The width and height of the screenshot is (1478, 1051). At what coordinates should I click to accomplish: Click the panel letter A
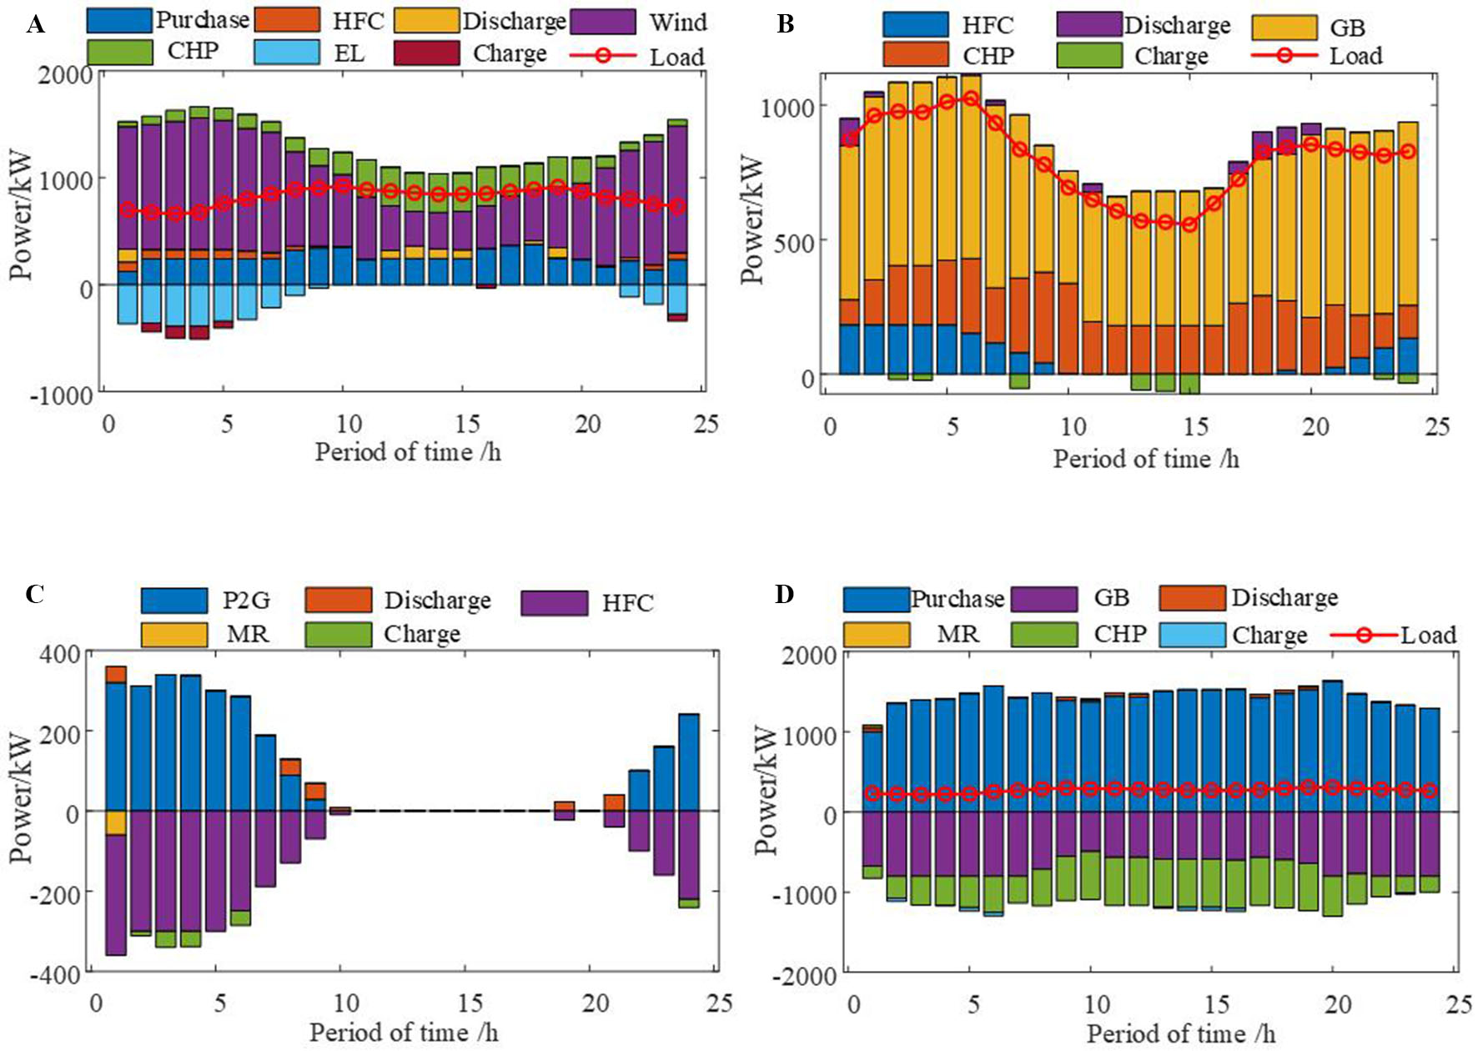[x=35, y=25]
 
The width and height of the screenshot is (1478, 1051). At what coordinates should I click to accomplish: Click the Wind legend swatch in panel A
[x=604, y=22]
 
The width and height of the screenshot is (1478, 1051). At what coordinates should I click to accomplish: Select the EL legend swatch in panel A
[x=286, y=53]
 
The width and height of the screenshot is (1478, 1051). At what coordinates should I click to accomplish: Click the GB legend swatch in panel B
[x=1284, y=27]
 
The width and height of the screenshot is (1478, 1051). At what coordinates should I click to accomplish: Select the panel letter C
[x=35, y=594]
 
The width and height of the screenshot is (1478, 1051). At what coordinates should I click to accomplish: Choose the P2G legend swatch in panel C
[x=173, y=601]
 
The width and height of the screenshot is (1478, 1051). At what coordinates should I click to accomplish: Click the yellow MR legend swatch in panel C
[x=173, y=634]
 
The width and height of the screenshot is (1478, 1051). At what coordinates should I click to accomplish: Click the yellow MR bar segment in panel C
[x=115, y=822]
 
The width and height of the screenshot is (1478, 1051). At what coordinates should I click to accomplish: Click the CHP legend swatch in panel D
[x=1044, y=634]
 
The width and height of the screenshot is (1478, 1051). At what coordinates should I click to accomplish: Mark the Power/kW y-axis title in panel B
[x=752, y=219]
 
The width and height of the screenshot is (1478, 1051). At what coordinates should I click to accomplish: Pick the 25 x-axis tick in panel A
[x=706, y=424]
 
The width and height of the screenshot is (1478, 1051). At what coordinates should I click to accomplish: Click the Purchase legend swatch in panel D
[x=876, y=599]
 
